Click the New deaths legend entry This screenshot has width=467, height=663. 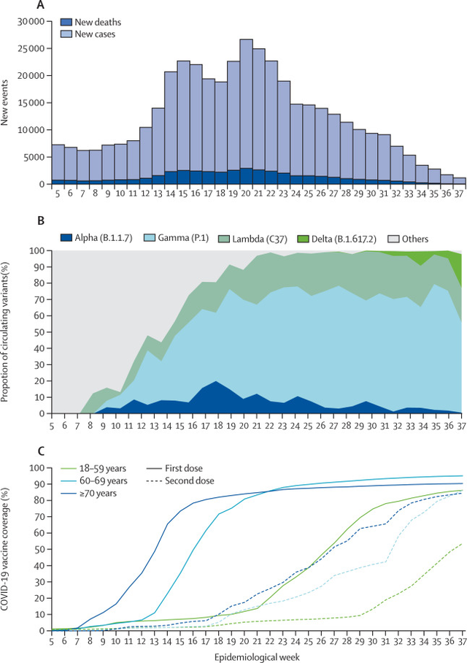click(x=90, y=22)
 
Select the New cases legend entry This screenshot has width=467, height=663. click(x=88, y=34)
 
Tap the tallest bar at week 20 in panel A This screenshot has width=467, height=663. click(x=246, y=112)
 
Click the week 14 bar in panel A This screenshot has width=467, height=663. click(x=171, y=128)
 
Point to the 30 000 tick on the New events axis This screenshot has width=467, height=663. click(x=31, y=22)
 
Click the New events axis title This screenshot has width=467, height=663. click(x=4, y=103)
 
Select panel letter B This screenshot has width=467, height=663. click(x=41, y=221)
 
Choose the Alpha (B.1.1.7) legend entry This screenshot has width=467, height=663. click(x=96, y=238)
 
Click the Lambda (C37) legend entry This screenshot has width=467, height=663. click(x=252, y=239)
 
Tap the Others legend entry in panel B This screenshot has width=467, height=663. click(x=408, y=239)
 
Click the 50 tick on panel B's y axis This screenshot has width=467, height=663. click(x=40, y=332)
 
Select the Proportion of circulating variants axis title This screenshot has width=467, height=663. click(x=4, y=332)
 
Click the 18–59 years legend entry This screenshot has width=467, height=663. click(x=94, y=469)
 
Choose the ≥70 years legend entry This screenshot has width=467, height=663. click(x=89, y=494)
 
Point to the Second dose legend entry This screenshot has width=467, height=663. click(x=180, y=480)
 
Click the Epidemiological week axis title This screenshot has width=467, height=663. click(x=257, y=657)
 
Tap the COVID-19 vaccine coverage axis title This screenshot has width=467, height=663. click(x=4, y=549)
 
